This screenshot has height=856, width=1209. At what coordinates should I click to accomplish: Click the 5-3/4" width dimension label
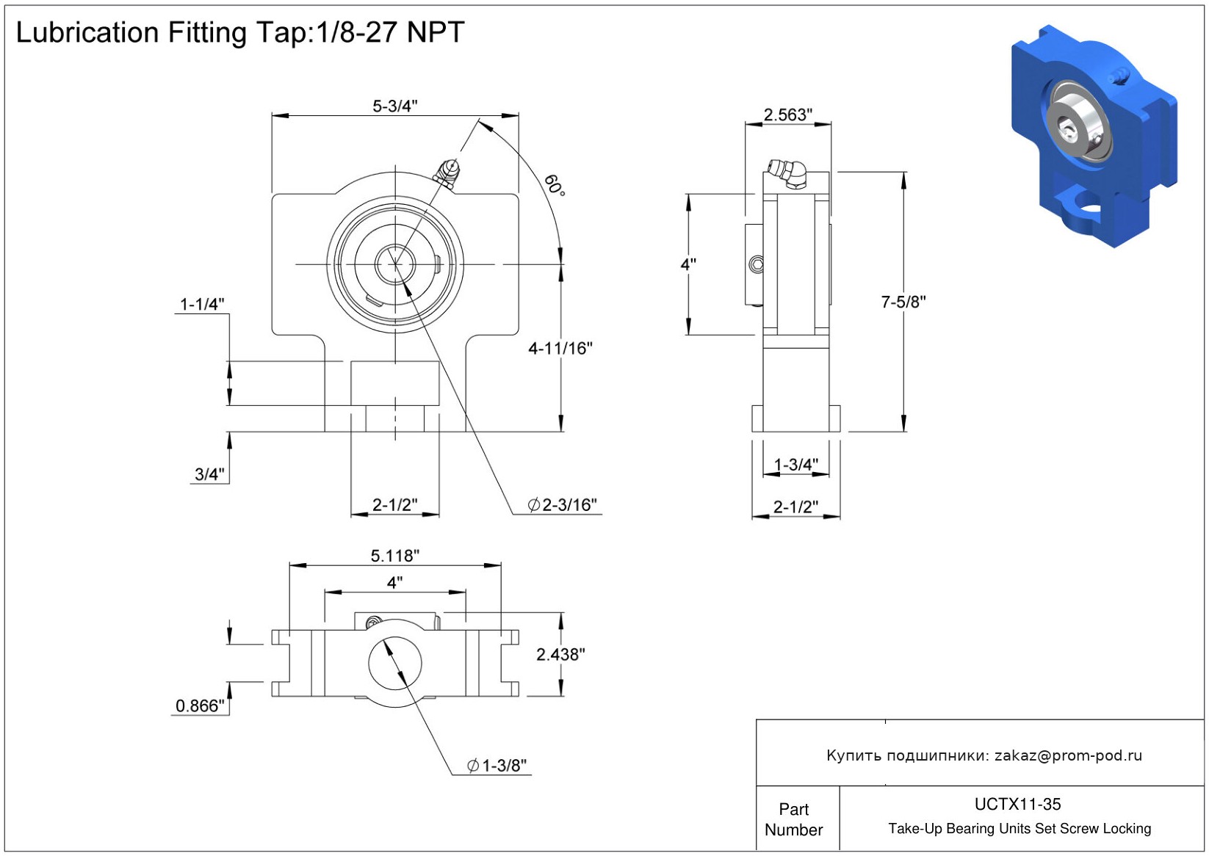point(394,106)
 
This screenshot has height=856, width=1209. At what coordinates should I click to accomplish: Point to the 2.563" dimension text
point(787,115)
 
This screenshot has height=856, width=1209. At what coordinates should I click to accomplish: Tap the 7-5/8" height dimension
point(903,302)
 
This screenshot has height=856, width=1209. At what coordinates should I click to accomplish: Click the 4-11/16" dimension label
point(560,349)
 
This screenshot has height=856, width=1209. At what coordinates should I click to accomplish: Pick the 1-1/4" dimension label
point(202,304)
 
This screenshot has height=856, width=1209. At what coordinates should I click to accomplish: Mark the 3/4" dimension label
point(209,474)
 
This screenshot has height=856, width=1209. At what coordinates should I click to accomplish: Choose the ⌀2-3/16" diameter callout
point(562,505)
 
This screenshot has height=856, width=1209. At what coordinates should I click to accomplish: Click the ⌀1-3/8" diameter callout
point(497,766)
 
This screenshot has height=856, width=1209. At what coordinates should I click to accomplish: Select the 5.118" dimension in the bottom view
point(394,556)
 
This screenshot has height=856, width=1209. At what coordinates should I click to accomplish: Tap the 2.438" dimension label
point(560,654)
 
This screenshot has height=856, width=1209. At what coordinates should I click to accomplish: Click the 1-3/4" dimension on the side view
point(795,465)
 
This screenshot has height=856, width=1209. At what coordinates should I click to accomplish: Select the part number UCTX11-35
point(1017,804)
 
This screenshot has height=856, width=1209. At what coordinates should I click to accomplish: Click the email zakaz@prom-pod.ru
point(1068,755)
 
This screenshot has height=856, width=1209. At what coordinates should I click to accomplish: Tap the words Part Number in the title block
point(793,819)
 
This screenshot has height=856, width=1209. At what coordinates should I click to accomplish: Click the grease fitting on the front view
point(447,173)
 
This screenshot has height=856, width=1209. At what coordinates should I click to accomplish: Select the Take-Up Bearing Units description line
point(1019,829)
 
